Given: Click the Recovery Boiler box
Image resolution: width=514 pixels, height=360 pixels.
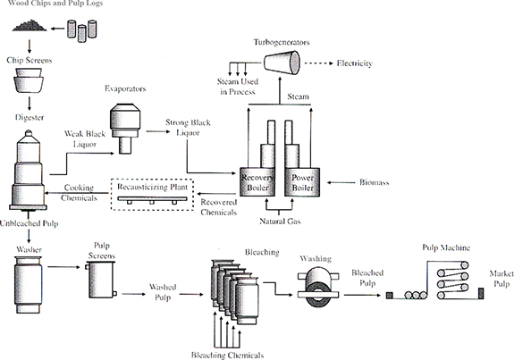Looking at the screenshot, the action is [257, 182].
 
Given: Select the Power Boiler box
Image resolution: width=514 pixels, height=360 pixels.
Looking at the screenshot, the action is [302, 182].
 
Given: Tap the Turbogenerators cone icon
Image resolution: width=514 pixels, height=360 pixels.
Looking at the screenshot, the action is [282, 63].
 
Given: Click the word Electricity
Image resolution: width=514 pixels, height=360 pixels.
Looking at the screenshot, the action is [355, 63].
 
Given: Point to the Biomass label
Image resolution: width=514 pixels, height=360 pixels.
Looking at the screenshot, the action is [374, 182].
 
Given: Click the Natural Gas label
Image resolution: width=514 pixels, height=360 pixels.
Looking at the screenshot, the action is [280, 222].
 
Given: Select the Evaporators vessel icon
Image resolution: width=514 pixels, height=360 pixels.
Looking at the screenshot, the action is [125, 129].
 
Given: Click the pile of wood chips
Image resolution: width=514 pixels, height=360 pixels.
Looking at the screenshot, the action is [29, 26].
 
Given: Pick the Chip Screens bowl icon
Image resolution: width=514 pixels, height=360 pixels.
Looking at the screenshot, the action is [29, 80].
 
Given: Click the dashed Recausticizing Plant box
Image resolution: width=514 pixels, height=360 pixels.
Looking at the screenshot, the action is [153, 195].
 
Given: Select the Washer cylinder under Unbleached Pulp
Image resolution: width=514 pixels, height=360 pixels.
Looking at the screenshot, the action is [29, 284].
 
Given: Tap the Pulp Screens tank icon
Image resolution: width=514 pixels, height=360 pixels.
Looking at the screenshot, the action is [101, 280].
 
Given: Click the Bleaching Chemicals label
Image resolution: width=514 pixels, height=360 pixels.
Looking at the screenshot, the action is [227, 355].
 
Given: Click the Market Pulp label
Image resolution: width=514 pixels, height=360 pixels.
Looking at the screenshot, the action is [501, 279].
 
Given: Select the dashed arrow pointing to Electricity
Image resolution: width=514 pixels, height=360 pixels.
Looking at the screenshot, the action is [319, 63].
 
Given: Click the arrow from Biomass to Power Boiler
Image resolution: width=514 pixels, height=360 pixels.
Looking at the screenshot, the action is [341, 182].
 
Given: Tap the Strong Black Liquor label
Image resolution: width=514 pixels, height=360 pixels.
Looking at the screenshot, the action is [188, 128].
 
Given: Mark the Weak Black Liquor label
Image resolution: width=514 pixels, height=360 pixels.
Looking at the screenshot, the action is [85, 138].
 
